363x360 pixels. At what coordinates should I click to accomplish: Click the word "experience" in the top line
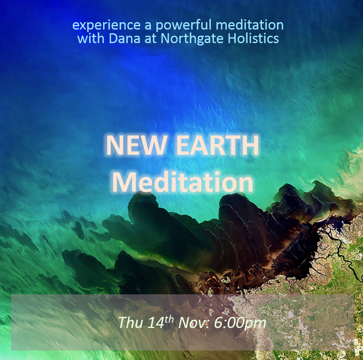click(106, 25)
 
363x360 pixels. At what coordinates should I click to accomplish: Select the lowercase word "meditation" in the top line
click(250, 25)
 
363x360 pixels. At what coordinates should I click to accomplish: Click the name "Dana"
click(124, 38)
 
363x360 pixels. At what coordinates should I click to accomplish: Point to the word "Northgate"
click(192, 39)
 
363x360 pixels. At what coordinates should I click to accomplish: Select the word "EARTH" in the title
click(218, 145)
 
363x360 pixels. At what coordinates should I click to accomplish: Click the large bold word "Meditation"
click(183, 182)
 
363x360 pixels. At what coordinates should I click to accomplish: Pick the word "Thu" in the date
click(130, 322)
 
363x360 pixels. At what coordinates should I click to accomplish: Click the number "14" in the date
click(156, 322)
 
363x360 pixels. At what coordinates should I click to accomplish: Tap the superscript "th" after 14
click(169, 319)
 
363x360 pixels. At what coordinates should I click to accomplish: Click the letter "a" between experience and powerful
click(148, 26)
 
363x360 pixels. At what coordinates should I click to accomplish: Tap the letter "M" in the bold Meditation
click(124, 182)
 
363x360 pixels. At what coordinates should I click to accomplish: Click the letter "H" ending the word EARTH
click(250, 145)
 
